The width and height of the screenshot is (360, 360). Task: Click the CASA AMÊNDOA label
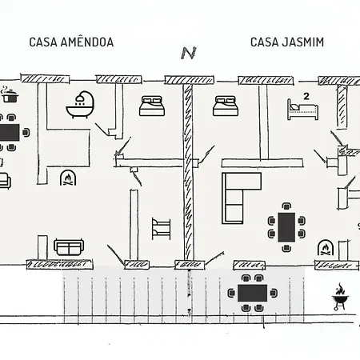[71, 42]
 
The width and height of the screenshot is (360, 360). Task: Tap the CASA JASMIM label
[287, 42]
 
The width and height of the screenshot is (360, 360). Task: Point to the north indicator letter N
[189, 53]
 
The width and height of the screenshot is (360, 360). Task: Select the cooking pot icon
[10, 94]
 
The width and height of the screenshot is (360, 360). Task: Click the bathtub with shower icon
[81, 105]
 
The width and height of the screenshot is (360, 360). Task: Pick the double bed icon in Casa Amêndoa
[152, 106]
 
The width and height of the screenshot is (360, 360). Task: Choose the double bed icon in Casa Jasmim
[226, 106]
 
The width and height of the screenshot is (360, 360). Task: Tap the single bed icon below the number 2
[302, 110]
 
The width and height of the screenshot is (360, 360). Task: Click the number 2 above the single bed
[306, 96]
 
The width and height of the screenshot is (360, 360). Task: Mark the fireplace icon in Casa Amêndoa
[68, 178]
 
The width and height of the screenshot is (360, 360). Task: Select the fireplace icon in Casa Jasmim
[325, 247]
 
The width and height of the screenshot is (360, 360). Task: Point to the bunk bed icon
[161, 228]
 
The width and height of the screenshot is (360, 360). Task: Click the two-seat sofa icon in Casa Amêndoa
[69, 247]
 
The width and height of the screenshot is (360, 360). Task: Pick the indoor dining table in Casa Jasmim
[286, 227]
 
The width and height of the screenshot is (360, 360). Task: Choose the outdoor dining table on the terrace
[253, 293]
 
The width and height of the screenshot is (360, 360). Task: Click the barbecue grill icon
[340, 297]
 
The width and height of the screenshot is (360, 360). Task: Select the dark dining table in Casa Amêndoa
[10, 133]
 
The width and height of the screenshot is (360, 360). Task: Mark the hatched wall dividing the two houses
[188, 172]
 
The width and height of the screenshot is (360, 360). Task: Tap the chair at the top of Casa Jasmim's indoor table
[286, 206]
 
